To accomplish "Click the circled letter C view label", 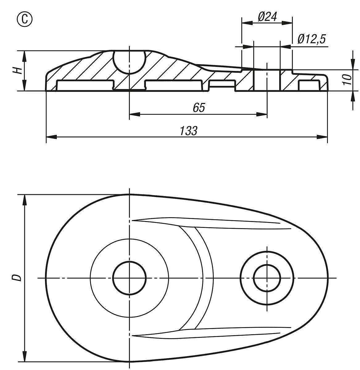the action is tap(25, 19).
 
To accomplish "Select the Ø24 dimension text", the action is tap(267, 17).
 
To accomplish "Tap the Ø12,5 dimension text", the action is tap(312, 39).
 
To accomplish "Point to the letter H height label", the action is tap(17, 71).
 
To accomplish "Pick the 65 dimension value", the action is tap(199, 108).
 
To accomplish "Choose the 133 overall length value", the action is tap(188, 131).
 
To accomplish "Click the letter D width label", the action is tap(17, 278).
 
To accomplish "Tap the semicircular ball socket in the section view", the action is tap(129, 62).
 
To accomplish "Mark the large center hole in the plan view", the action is tap(129, 278).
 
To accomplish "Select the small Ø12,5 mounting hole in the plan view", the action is tap(267, 278).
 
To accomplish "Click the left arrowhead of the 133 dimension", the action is tap(52, 137).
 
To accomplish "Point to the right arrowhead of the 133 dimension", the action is tap(322, 137).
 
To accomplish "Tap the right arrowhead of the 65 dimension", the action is tap(262, 114).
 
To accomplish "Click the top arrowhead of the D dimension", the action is tap(24, 200).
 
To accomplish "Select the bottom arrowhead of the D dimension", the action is tap(24, 356).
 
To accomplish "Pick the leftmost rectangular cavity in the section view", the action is tap(85, 85).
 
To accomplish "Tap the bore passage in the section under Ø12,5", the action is tap(267, 80).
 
